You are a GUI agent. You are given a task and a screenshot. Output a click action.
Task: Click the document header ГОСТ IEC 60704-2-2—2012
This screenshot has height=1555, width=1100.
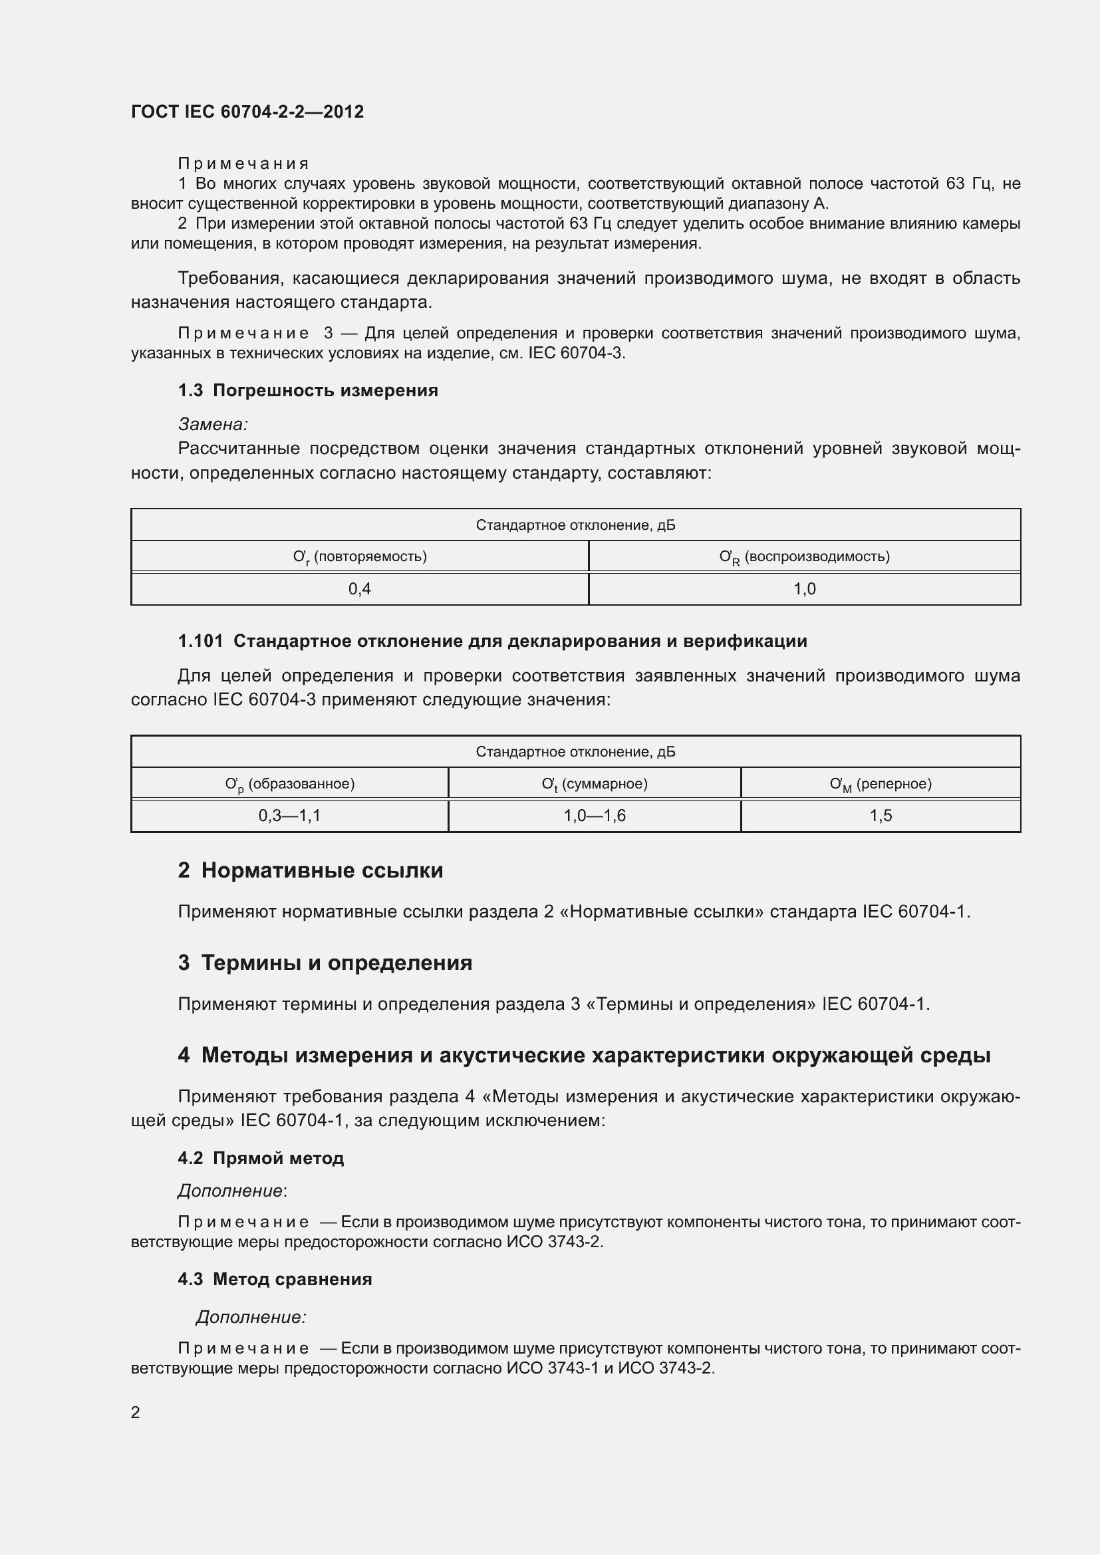247,112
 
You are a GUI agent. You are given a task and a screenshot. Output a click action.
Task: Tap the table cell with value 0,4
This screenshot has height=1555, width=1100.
360,588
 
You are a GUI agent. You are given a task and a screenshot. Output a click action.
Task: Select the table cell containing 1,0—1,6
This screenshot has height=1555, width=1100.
594,816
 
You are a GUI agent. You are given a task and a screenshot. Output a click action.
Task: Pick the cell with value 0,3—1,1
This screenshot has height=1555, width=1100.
289,816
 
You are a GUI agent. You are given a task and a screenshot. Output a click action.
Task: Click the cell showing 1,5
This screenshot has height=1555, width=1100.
881,816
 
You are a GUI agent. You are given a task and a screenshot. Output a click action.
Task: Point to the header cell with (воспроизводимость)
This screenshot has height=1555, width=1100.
804,556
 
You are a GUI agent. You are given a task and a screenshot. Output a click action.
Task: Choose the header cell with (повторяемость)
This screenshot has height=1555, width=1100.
360,556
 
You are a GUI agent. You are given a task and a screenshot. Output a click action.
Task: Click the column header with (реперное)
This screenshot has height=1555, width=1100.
881,784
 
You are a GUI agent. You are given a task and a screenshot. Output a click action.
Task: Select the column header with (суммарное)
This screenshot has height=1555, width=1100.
594,784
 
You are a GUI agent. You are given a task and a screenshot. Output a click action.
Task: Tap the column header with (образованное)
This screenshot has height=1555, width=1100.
289,784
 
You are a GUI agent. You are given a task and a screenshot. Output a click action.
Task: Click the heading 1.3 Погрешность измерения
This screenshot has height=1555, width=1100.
308,391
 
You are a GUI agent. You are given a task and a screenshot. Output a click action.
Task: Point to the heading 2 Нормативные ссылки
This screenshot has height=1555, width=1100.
310,870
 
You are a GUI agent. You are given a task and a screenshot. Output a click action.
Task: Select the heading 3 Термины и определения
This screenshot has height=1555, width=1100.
325,963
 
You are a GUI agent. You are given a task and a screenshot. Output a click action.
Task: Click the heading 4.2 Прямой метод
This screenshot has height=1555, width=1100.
261,1158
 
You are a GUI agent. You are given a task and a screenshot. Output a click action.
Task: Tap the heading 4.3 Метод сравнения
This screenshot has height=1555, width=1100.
275,1279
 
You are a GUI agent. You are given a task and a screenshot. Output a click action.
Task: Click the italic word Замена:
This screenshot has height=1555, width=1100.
213,425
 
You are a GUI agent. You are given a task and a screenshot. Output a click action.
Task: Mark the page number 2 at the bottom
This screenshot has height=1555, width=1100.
136,1412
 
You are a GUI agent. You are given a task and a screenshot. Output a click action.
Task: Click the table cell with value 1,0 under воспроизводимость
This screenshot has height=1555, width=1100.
804,588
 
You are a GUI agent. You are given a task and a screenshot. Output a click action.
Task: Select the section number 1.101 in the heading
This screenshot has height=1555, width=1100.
200,642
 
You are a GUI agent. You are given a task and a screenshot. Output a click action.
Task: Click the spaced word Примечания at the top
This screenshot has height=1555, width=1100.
243,164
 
